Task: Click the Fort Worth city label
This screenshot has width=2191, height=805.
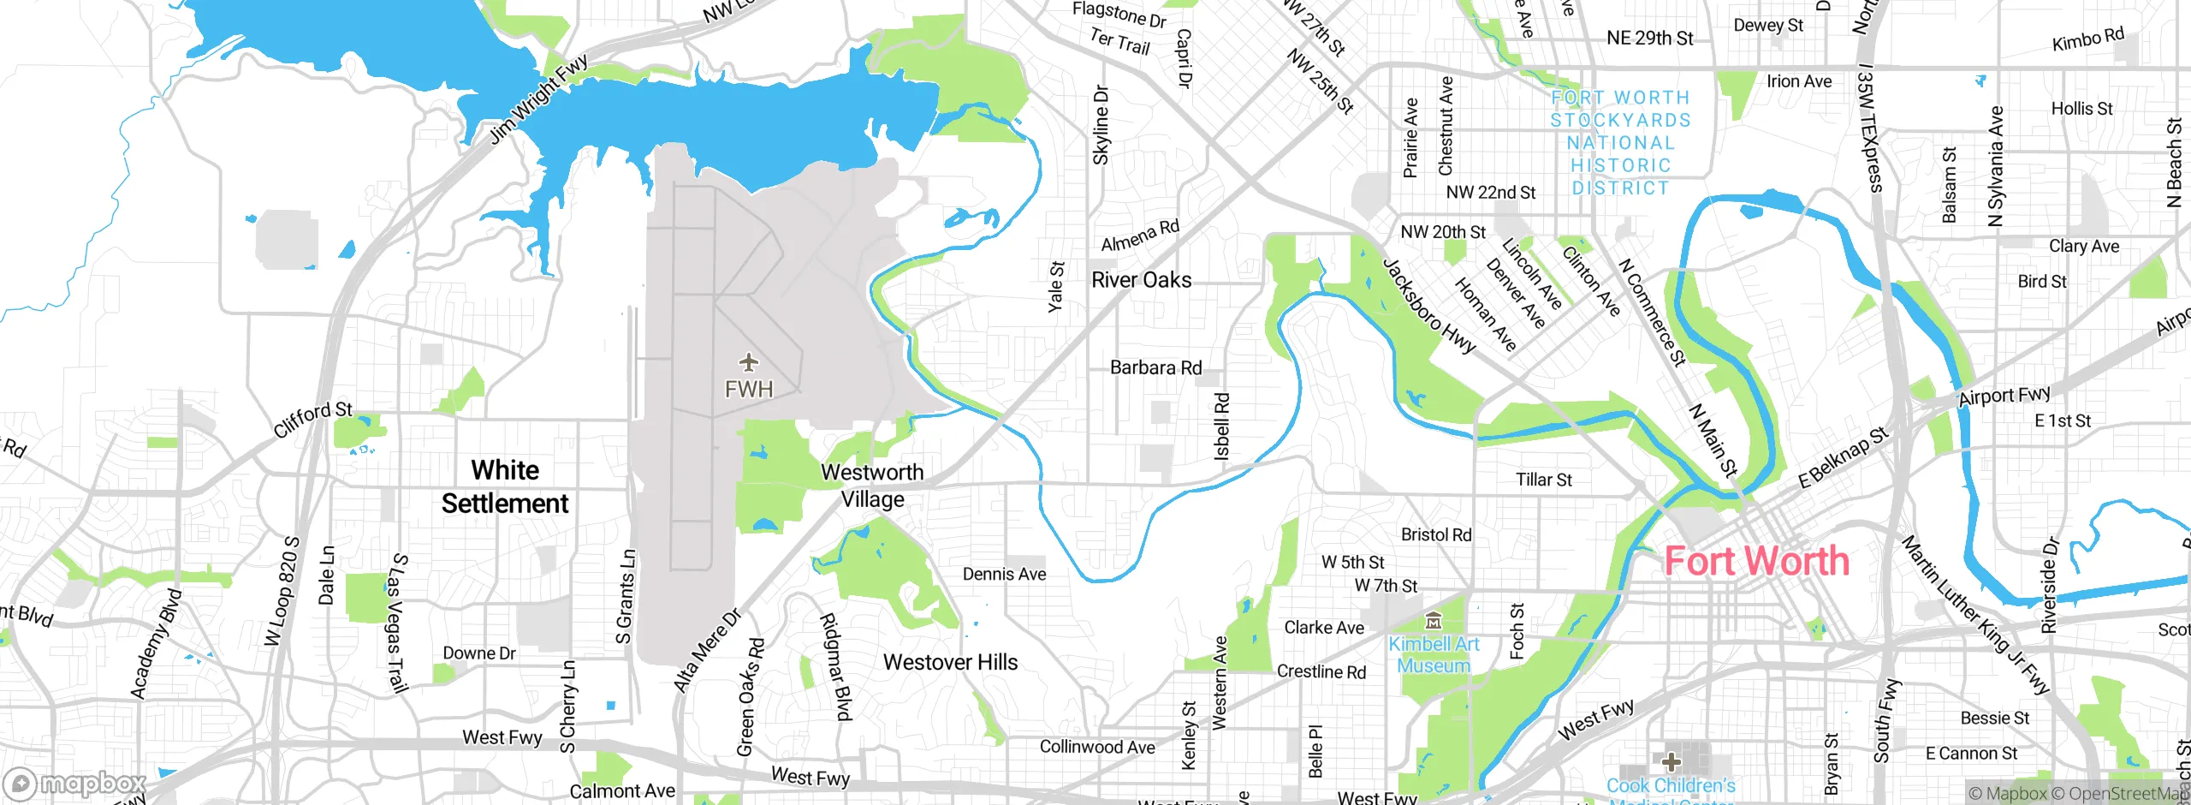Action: tap(1756, 562)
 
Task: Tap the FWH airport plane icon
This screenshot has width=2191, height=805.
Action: tap(749, 363)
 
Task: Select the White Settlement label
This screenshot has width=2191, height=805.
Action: tap(505, 486)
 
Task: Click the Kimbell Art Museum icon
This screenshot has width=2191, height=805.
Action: tap(1434, 620)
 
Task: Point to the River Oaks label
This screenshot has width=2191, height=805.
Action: tap(1141, 280)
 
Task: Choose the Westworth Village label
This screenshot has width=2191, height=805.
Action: tap(872, 486)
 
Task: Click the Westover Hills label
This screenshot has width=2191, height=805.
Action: tap(950, 662)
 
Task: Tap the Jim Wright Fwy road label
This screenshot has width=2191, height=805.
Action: tap(538, 99)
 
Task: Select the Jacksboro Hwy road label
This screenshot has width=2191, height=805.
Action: tap(1429, 306)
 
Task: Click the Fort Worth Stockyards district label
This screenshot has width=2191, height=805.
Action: tap(1620, 143)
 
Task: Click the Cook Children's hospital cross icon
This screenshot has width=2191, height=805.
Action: tap(1671, 761)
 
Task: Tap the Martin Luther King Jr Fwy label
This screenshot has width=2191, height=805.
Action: tap(1975, 614)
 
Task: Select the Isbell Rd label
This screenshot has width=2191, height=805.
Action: tap(1222, 426)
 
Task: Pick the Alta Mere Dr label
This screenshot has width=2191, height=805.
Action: tap(707, 651)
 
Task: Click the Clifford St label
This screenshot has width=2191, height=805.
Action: tap(312, 420)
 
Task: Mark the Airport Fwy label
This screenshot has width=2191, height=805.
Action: tap(2004, 396)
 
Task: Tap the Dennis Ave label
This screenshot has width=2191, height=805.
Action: tap(1004, 574)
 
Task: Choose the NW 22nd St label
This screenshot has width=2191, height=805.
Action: tap(1491, 193)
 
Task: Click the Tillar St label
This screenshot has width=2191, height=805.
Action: tap(1544, 480)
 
